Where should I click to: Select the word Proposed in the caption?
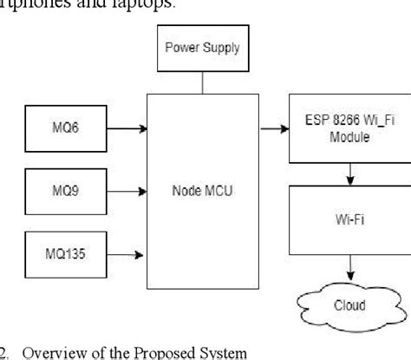coord(153,351)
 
